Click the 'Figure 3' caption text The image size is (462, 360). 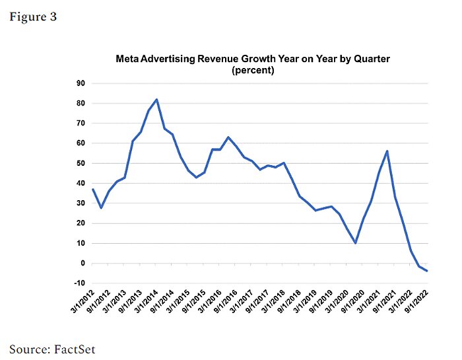click(32, 17)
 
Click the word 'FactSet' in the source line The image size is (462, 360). click(73, 348)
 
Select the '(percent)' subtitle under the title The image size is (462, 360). click(253, 70)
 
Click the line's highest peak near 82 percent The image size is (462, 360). click(156, 100)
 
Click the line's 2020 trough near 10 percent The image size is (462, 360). click(356, 243)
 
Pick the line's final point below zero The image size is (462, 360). click(426, 270)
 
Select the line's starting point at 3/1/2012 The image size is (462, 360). click(93, 190)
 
